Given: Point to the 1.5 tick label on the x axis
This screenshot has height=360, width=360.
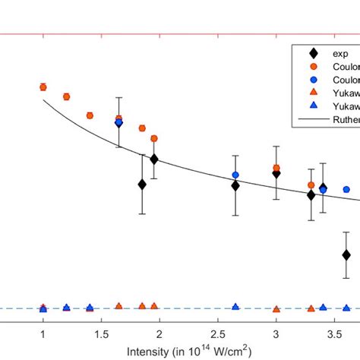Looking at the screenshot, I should [101, 334].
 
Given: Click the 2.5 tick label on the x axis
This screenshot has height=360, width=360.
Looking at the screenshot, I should [217, 334].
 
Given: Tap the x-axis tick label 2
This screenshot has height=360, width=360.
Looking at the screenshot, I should [159, 334].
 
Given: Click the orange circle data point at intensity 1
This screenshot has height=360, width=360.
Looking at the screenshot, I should [43, 87].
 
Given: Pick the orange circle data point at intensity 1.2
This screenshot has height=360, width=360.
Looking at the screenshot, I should [66, 96].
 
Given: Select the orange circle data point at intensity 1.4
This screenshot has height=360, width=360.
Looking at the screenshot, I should [90, 115].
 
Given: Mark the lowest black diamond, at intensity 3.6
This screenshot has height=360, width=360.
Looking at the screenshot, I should [346, 255].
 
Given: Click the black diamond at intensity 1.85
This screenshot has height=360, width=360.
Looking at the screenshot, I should [142, 185].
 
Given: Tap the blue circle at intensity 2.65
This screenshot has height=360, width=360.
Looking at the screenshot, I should [235, 175].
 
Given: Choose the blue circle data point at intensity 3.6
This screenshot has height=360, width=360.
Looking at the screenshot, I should [346, 189].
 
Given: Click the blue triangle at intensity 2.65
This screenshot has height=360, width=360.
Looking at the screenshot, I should [235, 307].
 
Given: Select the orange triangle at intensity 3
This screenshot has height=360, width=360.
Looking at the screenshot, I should [276, 309].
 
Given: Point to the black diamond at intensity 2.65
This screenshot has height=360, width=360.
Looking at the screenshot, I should [235, 185].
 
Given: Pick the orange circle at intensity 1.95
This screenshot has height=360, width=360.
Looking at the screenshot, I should [154, 138].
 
